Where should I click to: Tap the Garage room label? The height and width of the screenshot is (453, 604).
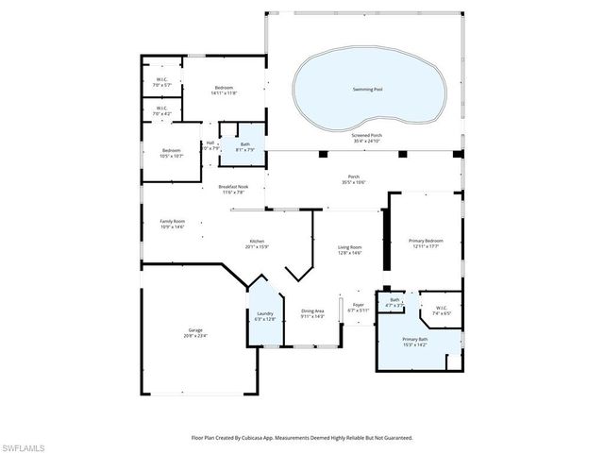[x=195, y=332]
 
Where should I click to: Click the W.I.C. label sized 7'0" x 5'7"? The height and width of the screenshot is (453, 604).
[x=162, y=83]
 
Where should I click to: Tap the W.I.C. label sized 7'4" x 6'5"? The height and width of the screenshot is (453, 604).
[x=442, y=310]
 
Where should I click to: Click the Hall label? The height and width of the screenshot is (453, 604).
[x=210, y=143]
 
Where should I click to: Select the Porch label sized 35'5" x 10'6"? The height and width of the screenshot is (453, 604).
[x=353, y=179]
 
